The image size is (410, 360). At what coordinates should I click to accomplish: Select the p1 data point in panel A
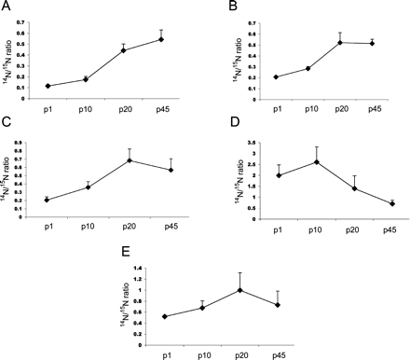click(48, 86)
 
